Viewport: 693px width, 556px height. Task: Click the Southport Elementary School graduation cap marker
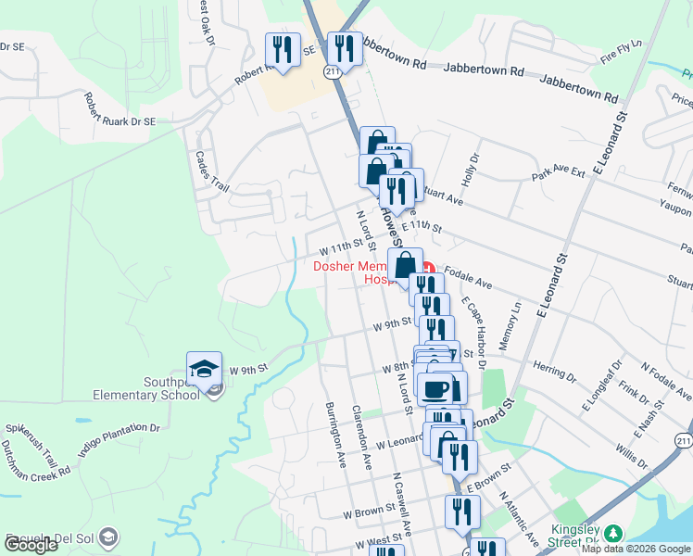point(204,370)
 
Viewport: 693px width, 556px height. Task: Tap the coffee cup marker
point(435,389)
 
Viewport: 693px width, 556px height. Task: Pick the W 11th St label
point(345,248)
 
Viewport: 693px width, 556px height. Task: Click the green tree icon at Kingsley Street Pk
point(611,532)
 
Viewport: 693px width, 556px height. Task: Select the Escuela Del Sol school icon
point(108,537)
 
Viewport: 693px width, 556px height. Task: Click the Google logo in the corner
point(30,546)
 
